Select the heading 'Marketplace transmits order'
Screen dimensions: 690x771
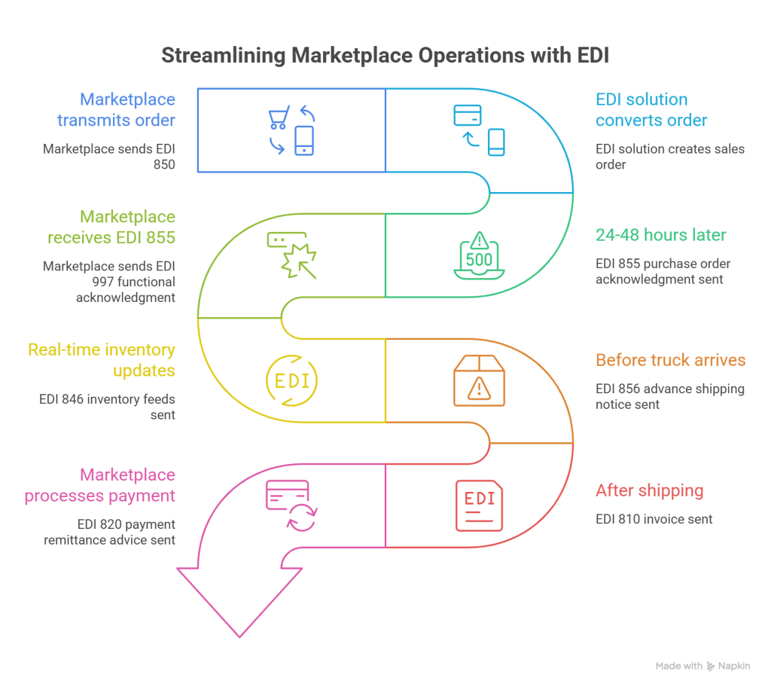click(127, 110)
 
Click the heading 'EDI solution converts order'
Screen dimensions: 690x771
click(651, 110)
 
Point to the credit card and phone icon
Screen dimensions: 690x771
click(479, 130)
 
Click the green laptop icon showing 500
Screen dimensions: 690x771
click(479, 256)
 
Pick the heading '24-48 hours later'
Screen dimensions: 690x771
click(661, 235)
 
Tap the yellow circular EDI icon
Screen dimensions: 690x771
click(292, 379)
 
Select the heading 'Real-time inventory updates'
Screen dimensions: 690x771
click(102, 360)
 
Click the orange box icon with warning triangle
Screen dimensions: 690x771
click(479, 380)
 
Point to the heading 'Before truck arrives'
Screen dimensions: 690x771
click(670, 360)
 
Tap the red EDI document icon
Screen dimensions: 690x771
click(479, 505)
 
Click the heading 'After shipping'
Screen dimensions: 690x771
click(649, 491)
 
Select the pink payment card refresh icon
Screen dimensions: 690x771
click(291, 505)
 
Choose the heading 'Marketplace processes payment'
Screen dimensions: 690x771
click(100, 486)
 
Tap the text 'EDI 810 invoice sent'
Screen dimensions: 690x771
click(654, 519)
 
